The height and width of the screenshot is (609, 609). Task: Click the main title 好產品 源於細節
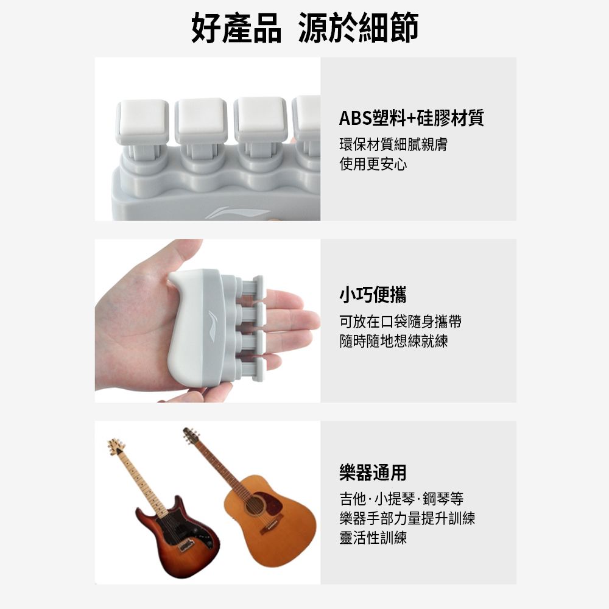coord(304,27)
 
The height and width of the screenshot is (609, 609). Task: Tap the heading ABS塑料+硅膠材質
coord(411,118)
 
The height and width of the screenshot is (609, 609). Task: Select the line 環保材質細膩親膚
coord(393,144)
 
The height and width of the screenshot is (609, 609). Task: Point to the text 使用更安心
coord(373,164)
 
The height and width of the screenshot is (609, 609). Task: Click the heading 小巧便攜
coord(373,294)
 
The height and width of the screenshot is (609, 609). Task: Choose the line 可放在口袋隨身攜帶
coord(400,322)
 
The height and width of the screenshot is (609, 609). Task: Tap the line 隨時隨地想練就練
coord(393,341)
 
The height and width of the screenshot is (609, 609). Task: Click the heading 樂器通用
coord(373,472)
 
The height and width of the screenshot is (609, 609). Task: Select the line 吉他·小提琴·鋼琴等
coord(401,499)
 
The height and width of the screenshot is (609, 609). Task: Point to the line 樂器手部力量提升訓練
coord(407,518)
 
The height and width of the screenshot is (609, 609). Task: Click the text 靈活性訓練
coord(373,538)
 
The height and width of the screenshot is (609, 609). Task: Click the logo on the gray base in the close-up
coord(237,213)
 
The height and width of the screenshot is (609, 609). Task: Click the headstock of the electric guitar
coord(116,446)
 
